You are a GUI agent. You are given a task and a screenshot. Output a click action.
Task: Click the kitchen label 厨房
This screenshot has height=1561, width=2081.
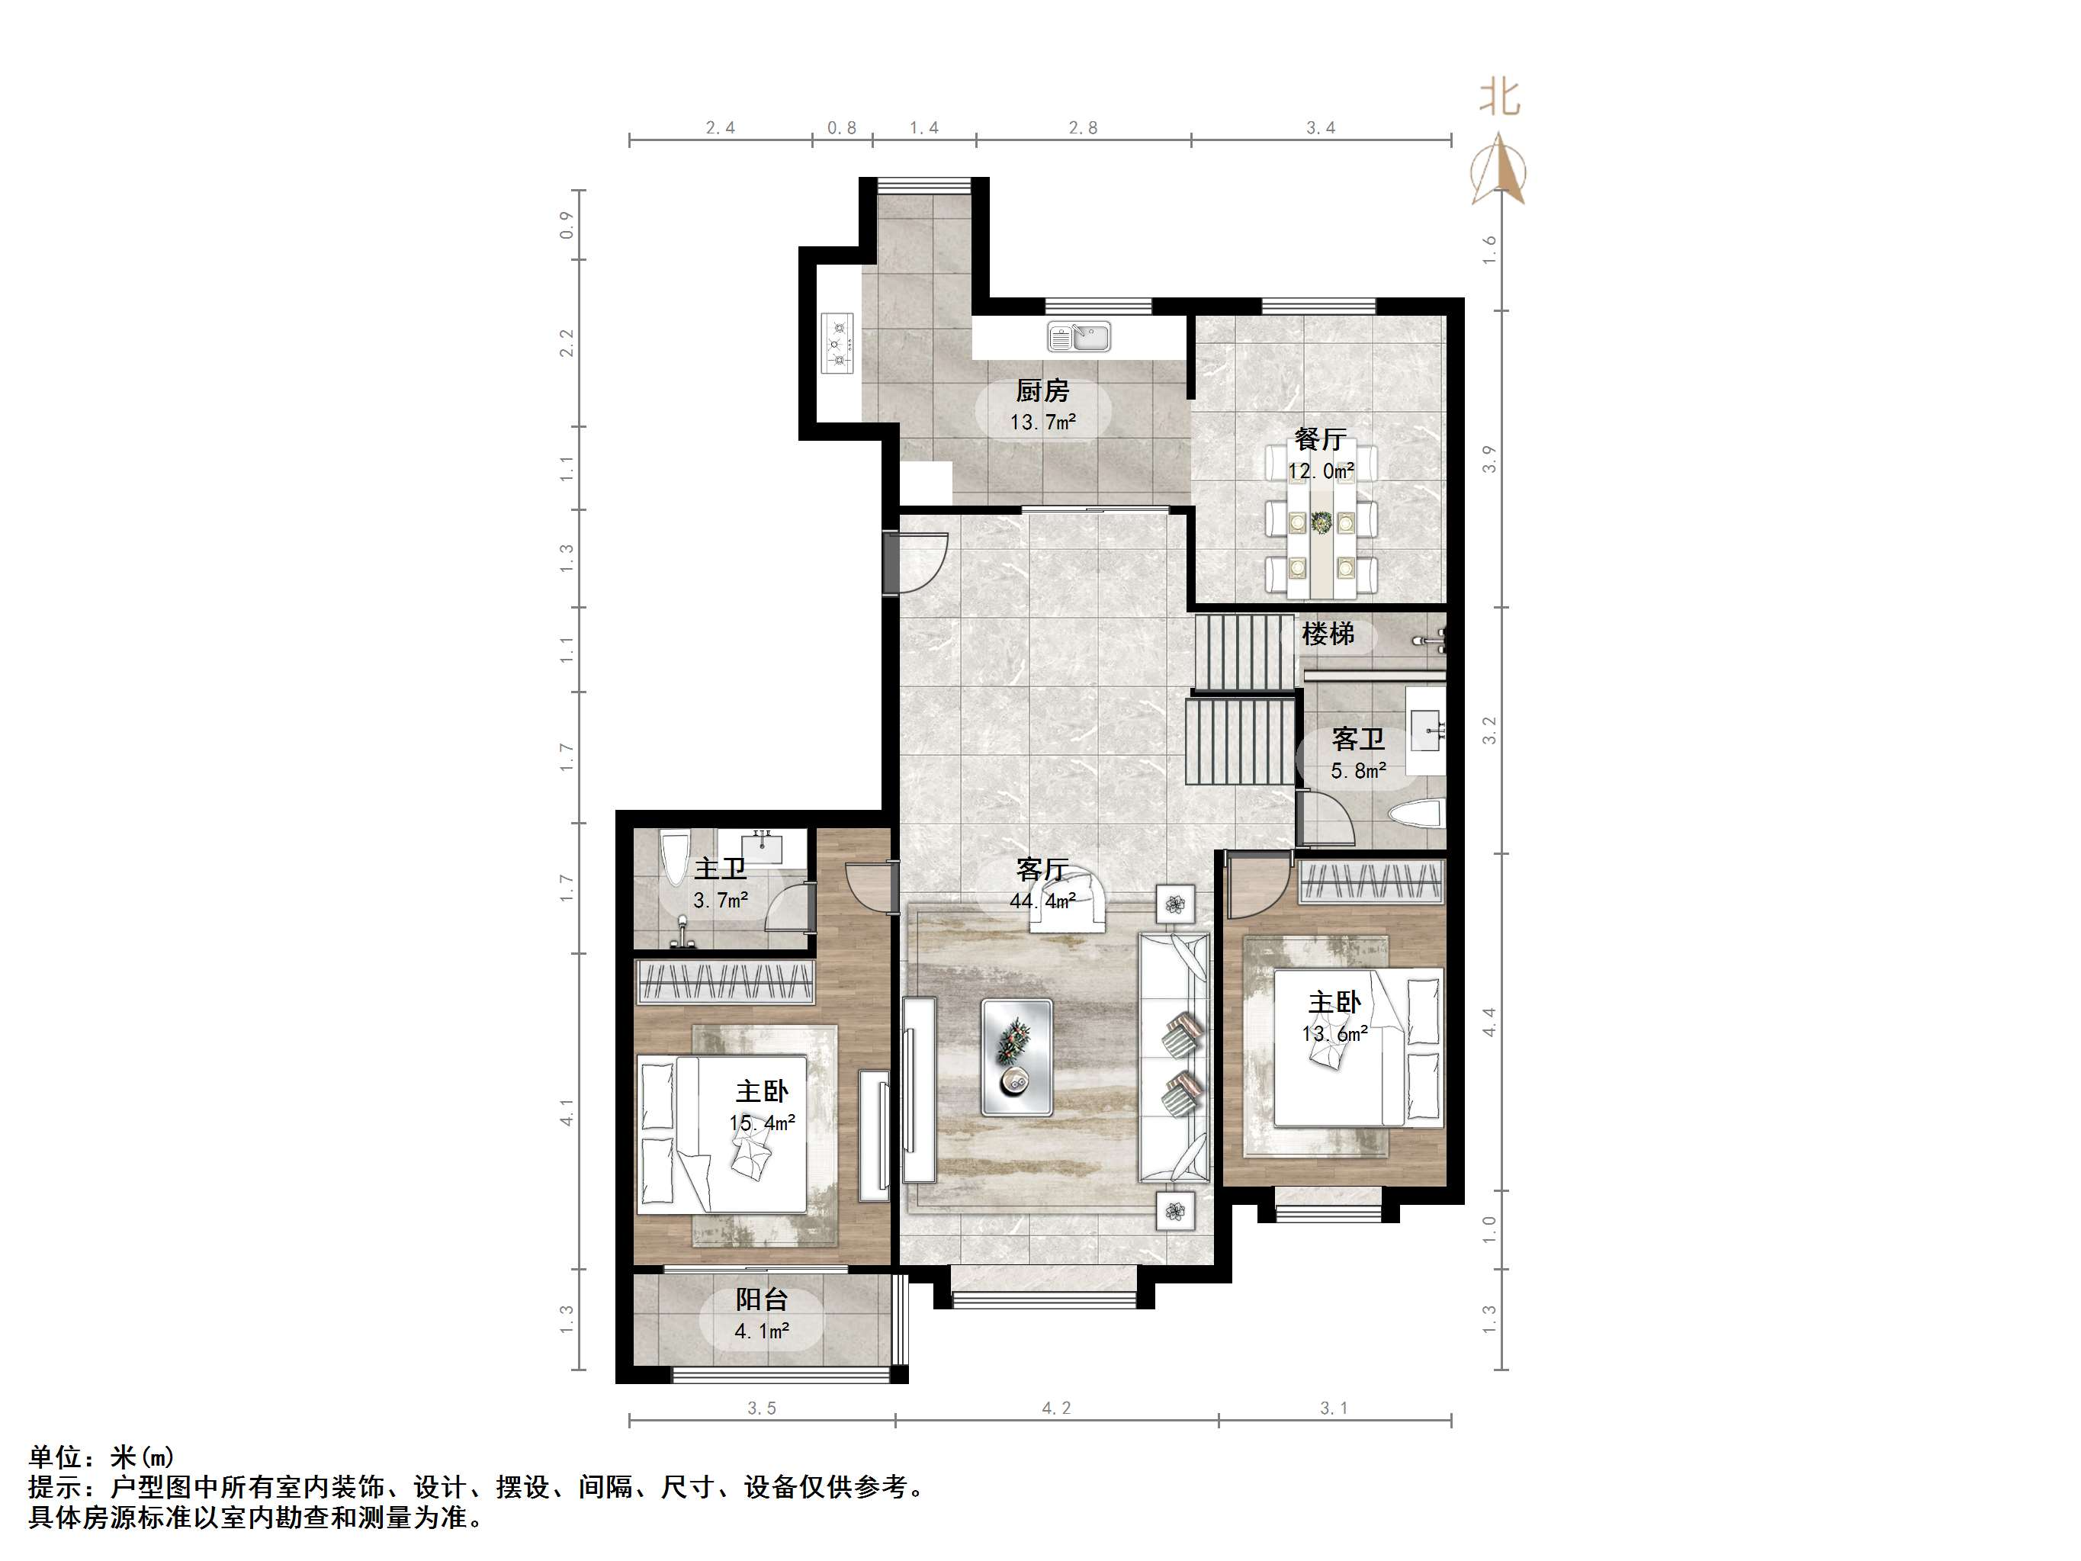pyautogui.click(x=1042, y=390)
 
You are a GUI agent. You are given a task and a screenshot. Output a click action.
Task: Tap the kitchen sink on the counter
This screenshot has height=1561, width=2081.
pyautogui.click(x=1079, y=336)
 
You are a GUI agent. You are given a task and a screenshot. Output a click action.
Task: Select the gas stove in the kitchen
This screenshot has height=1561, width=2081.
pyautogui.click(x=837, y=343)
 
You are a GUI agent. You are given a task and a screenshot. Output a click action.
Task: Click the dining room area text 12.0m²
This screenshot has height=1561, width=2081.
pyautogui.click(x=1321, y=471)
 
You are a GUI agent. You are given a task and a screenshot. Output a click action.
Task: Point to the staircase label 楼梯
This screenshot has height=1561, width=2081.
pyautogui.click(x=1328, y=634)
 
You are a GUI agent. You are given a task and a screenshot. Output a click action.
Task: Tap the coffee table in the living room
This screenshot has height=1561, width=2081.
pyautogui.click(x=1016, y=1058)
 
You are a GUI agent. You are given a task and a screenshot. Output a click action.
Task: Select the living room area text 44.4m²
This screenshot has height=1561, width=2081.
pyautogui.click(x=1042, y=901)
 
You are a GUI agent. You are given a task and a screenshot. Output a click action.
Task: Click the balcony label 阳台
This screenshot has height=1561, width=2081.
pyautogui.click(x=761, y=1299)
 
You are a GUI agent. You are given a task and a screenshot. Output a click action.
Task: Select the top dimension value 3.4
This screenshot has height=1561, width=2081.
pyautogui.click(x=1320, y=128)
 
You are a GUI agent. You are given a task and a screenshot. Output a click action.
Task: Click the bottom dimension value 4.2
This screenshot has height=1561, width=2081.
pyautogui.click(x=1055, y=1408)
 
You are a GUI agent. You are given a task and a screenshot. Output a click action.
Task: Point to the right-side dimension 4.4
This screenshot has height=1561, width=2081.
pyautogui.click(x=1488, y=1022)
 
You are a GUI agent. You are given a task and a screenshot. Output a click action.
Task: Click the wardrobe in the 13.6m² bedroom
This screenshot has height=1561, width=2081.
pyautogui.click(x=1370, y=882)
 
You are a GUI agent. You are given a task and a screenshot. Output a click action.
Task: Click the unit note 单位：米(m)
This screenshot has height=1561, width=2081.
pyautogui.click(x=101, y=1457)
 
